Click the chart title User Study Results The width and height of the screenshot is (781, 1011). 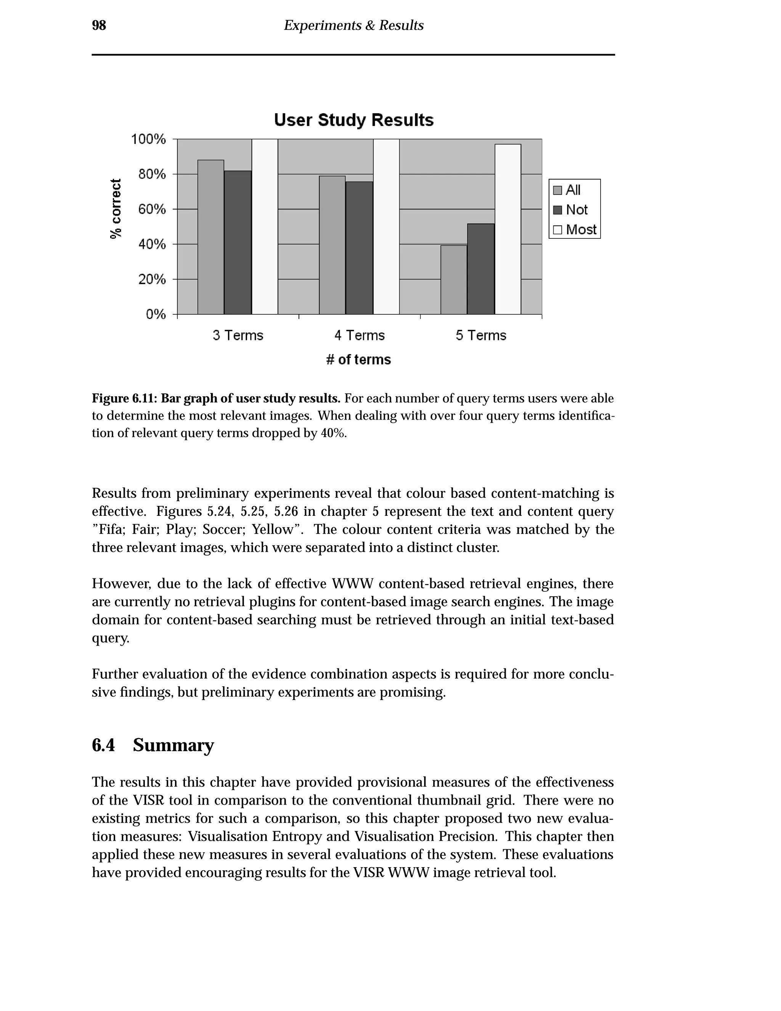[354, 120]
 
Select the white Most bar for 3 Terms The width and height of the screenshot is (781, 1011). [265, 227]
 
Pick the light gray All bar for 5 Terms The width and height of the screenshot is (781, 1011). [453, 280]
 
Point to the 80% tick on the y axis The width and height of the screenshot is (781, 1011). [152, 174]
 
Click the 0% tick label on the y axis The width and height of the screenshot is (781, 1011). [156, 314]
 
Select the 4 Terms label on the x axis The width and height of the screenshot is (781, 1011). [360, 335]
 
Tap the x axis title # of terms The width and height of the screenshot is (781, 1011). [358, 360]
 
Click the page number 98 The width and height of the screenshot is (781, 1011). [99, 26]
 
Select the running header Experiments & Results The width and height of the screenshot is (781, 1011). [354, 26]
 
